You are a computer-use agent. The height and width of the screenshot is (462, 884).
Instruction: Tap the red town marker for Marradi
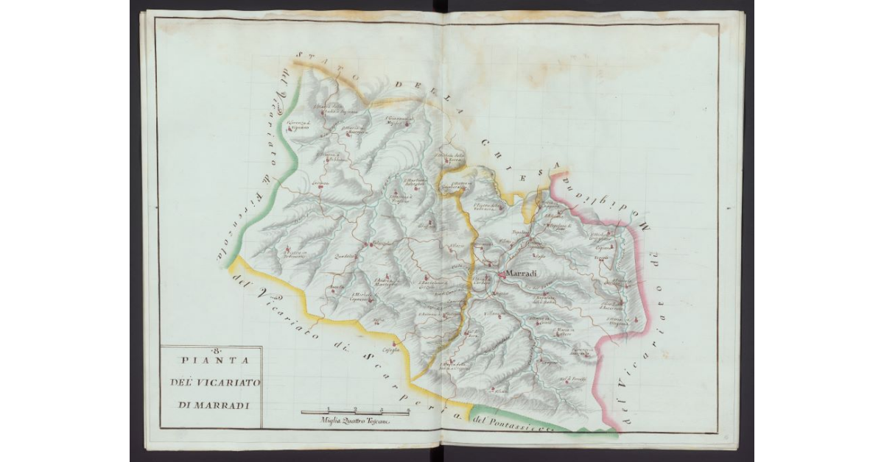point(501,274)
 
